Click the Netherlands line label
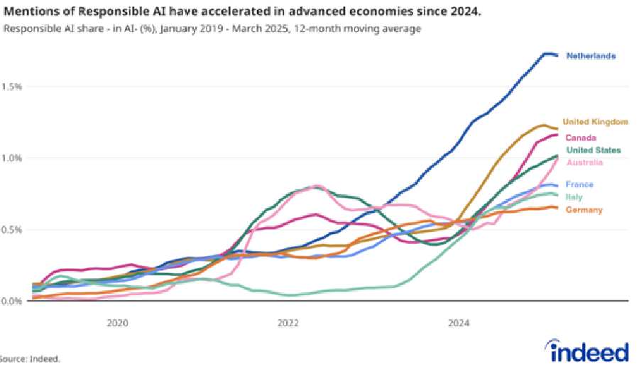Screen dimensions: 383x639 (590, 56)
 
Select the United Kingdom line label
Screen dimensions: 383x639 (595, 122)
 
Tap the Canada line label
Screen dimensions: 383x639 (580, 138)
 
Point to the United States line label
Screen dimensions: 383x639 (593, 150)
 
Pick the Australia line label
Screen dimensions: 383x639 (584, 163)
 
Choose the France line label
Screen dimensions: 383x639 (579, 185)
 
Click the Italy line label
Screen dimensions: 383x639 (574, 196)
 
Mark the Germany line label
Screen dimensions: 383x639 (584, 209)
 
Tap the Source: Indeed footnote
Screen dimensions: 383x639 (30, 359)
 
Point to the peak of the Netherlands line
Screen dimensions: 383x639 (547, 53)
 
